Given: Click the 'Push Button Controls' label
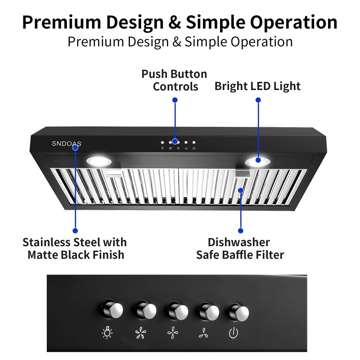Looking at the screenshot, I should [174, 80].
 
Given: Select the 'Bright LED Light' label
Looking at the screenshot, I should [257, 86].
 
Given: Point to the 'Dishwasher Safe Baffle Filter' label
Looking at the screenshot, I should [240, 249].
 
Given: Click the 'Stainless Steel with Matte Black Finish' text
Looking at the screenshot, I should [75, 249].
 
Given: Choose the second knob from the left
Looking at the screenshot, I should [144, 310].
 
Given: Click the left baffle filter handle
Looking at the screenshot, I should [114, 174].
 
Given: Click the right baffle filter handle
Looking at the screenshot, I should [243, 175].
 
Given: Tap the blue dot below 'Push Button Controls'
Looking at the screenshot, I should [175, 100].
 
